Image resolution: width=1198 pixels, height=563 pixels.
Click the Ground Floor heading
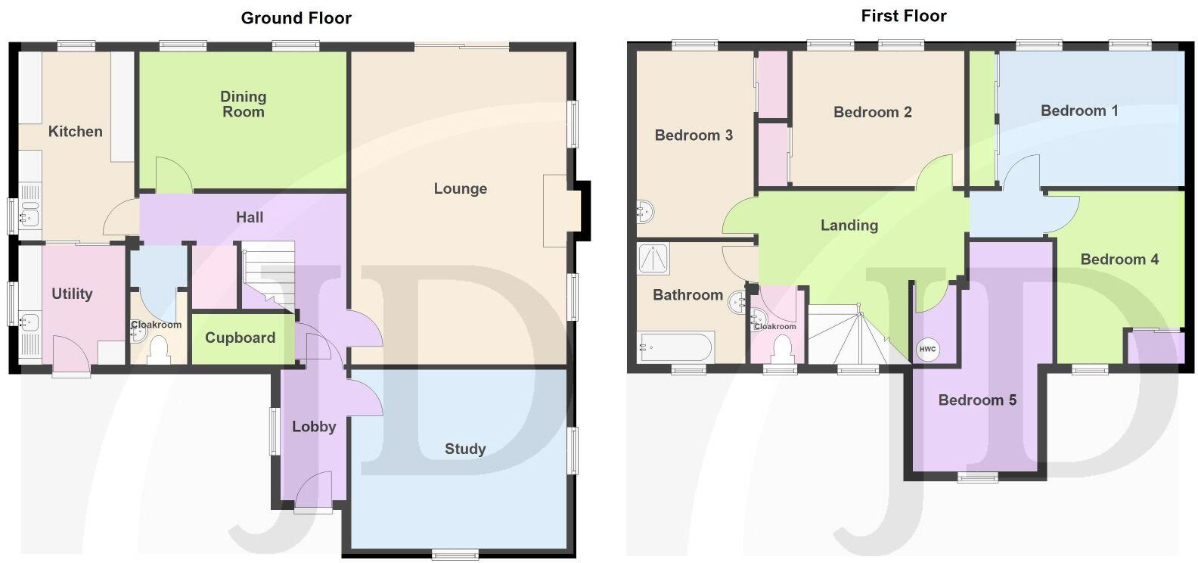coord(296,17)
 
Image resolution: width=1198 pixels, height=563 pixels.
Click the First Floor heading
coord(903,15)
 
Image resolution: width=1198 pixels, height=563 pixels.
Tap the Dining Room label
coord(243,104)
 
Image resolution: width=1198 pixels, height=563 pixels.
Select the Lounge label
coord(460,188)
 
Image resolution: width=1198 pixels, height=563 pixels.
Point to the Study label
coord(464,449)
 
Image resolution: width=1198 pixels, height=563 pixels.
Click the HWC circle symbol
coord(927,350)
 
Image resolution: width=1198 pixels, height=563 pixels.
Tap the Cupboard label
coord(240,337)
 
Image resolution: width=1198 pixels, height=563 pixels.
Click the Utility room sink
coord(30,322)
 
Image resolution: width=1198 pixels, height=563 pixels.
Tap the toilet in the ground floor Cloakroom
coord(159,351)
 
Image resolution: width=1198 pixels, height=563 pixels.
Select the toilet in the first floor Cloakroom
coord(782,350)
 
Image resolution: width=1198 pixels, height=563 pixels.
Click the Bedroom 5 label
coord(976,400)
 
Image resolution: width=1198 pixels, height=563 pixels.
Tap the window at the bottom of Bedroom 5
coord(977,477)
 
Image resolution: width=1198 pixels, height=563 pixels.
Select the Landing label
coord(849,225)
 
